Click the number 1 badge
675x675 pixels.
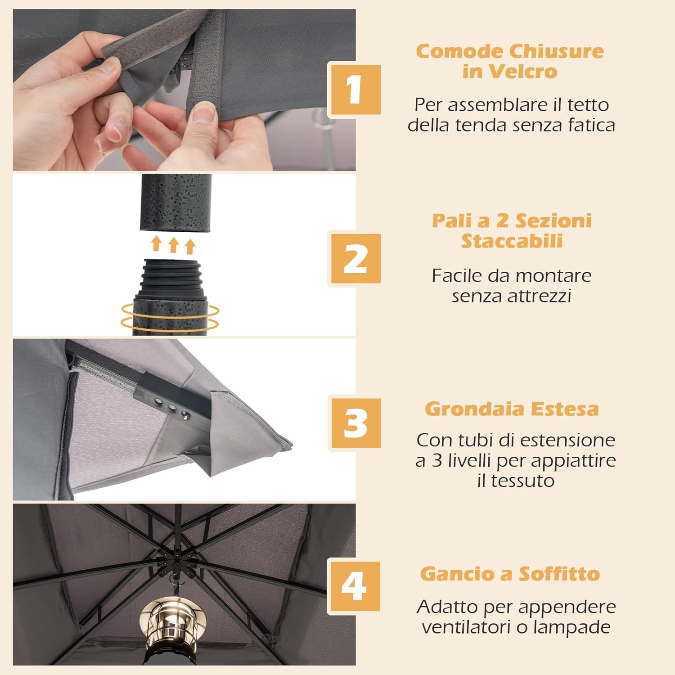tap(355, 90)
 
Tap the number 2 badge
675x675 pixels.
tap(355, 259)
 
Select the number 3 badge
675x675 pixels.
tap(355, 423)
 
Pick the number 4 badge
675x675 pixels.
tap(354, 587)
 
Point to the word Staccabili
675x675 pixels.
tap(512, 241)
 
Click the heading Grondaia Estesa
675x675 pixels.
tap(512, 409)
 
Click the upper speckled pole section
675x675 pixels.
tap(176, 202)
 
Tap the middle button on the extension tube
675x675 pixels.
tap(171, 408)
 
